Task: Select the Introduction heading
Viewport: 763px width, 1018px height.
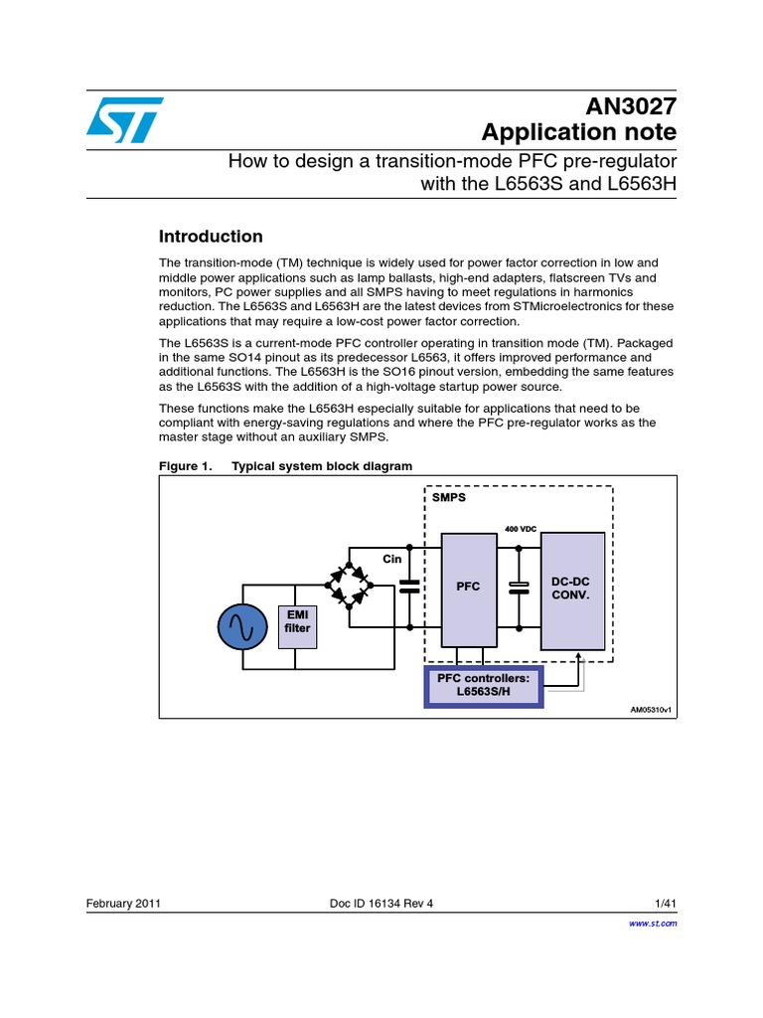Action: click(x=211, y=237)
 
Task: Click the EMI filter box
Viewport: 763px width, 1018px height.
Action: click(x=297, y=622)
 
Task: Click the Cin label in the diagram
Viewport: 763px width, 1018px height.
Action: click(x=392, y=559)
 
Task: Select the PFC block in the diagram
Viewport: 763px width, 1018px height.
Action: click(x=468, y=587)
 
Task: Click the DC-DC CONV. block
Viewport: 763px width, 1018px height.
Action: click(x=572, y=589)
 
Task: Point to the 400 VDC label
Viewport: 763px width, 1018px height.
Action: click(x=520, y=528)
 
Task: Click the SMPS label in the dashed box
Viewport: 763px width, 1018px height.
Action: click(x=449, y=497)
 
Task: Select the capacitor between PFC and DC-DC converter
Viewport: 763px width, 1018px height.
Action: click(x=518, y=588)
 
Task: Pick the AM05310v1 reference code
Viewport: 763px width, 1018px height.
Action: click(x=651, y=710)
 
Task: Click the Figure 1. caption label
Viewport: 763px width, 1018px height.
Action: click(x=186, y=466)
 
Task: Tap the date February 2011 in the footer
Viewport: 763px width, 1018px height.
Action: click(x=124, y=904)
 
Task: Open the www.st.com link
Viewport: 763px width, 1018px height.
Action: click(x=654, y=924)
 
